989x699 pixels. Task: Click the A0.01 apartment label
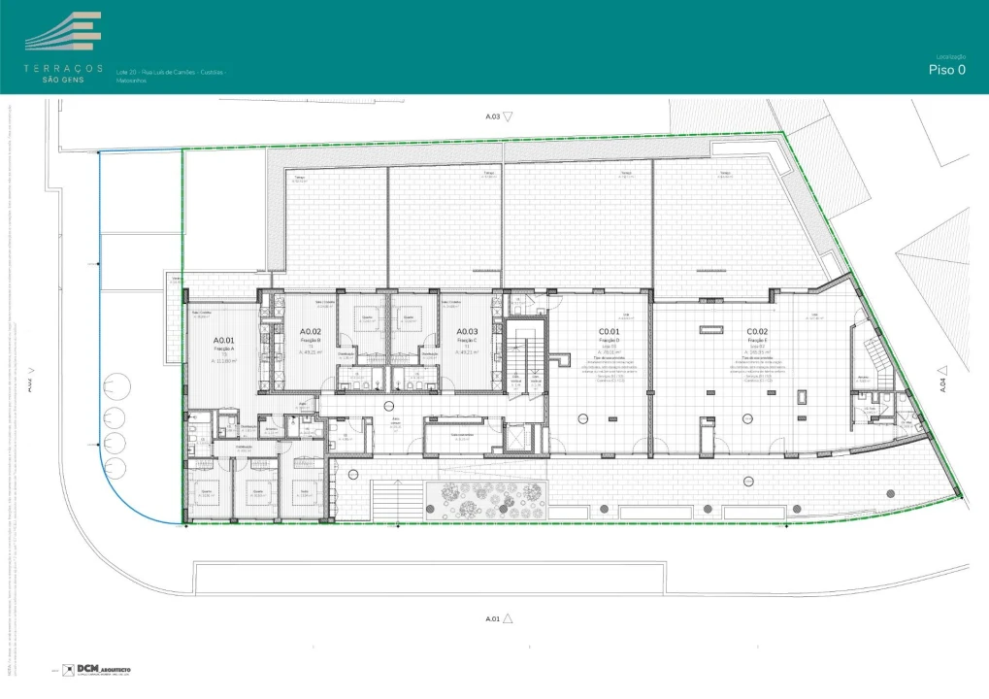pyautogui.click(x=226, y=341)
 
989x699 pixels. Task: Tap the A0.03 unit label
pyautogui.click(x=468, y=332)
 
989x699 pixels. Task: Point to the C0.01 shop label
pyautogui.click(x=610, y=332)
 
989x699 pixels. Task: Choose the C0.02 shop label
pyautogui.click(x=758, y=332)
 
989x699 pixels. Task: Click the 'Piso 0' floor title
pyautogui.click(x=946, y=70)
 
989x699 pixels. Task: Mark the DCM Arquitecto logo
pyautogui.click(x=97, y=670)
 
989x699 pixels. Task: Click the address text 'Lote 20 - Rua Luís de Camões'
pyautogui.click(x=170, y=72)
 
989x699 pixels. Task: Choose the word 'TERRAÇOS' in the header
pyautogui.click(x=64, y=68)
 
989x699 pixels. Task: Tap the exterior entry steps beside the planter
pyautogui.click(x=393, y=500)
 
